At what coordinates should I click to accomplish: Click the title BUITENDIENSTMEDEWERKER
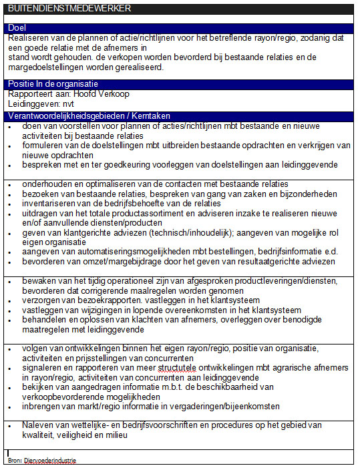[x=65, y=8]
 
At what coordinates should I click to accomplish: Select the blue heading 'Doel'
[x=17, y=28]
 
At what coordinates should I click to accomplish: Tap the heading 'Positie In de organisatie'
[x=53, y=84]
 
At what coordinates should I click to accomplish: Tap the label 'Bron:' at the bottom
[x=15, y=460]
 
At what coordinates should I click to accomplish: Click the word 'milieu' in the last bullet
[x=114, y=435]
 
